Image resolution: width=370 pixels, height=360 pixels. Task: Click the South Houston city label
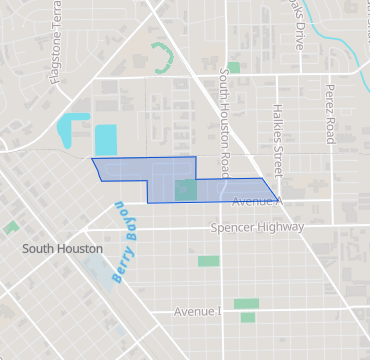62,248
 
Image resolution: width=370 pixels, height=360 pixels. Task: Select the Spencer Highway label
257,228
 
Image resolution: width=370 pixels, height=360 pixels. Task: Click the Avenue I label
197,312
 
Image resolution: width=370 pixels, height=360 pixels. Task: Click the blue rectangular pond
105,139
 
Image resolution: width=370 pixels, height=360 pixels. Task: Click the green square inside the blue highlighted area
186,190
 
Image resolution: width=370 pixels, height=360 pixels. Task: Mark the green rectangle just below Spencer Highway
208,261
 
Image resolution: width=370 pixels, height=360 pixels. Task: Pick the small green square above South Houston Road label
234,68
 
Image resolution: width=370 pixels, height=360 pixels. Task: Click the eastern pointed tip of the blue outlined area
278,199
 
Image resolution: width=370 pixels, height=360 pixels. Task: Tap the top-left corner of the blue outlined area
92,159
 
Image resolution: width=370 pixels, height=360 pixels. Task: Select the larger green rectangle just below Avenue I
246,303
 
